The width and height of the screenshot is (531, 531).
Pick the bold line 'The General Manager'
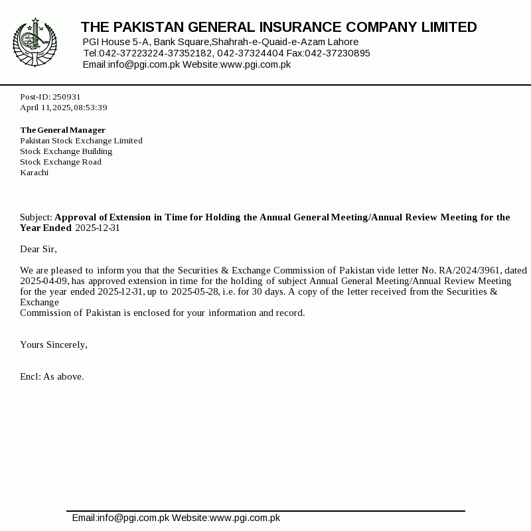point(62,130)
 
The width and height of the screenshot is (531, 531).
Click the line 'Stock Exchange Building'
point(66,151)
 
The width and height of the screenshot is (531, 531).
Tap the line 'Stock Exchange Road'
point(60,162)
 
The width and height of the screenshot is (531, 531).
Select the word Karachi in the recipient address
point(34,173)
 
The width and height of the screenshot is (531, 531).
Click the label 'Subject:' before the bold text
point(36,217)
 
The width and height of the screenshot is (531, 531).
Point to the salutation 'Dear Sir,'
point(38,249)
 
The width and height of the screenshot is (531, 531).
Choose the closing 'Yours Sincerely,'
point(54,344)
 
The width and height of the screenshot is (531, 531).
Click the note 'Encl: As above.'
point(52,376)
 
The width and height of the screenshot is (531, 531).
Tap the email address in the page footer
point(121,518)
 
